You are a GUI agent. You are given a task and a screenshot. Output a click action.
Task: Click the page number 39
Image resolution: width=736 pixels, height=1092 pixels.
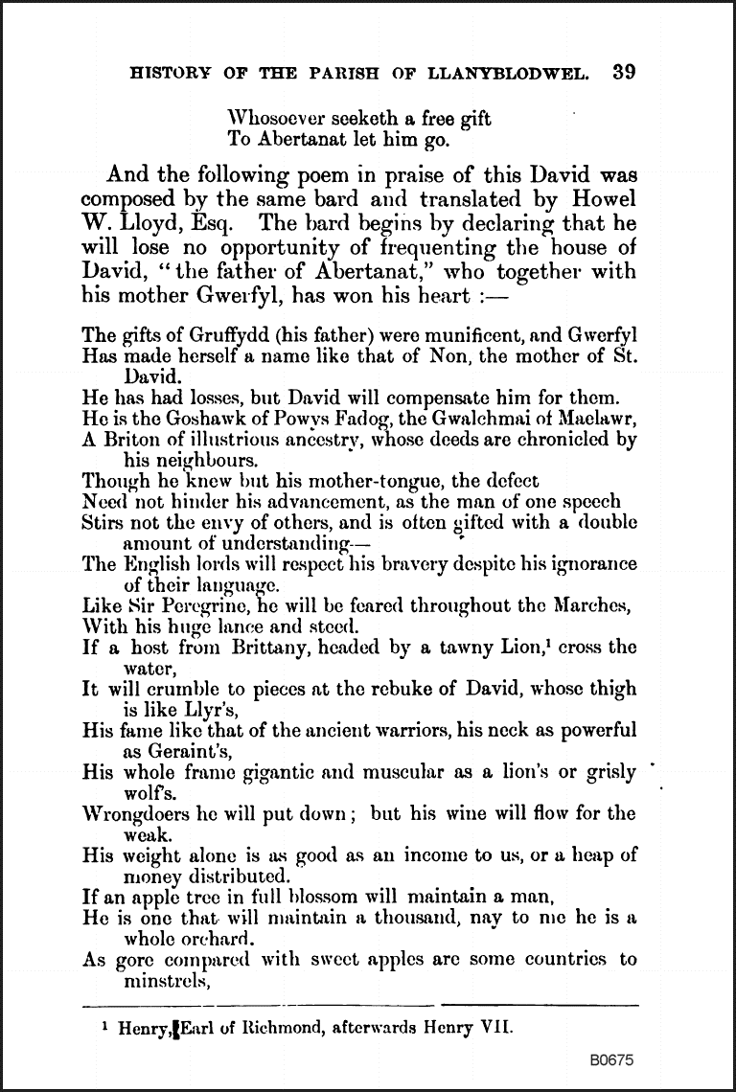tap(623, 73)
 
